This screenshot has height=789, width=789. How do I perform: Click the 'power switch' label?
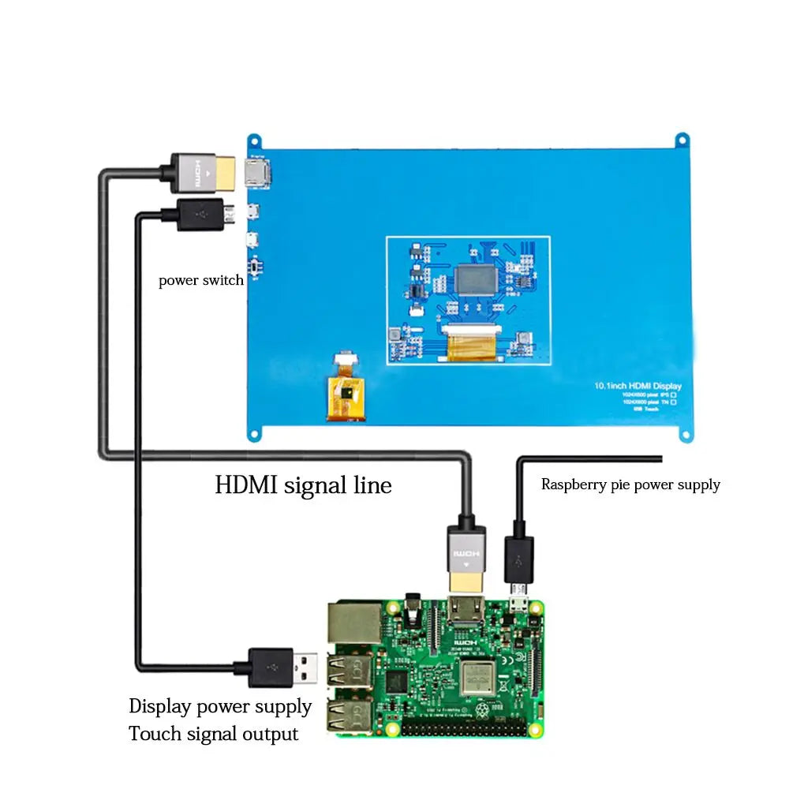(200, 280)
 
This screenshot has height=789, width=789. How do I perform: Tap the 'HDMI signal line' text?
(303, 484)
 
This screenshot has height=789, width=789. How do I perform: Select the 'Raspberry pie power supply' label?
(630, 484)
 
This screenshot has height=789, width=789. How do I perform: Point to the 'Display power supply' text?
(220, 706)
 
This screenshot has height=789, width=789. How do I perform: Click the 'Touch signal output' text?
(214, 734)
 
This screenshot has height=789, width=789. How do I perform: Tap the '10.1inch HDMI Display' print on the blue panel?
(638, 386)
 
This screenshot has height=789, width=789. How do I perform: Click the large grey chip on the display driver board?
(477, 281)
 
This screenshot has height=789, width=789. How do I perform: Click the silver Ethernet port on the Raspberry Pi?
(353, 623)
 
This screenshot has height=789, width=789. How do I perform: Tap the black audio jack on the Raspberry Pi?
(411, 608)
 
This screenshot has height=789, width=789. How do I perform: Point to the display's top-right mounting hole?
(681, 141)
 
